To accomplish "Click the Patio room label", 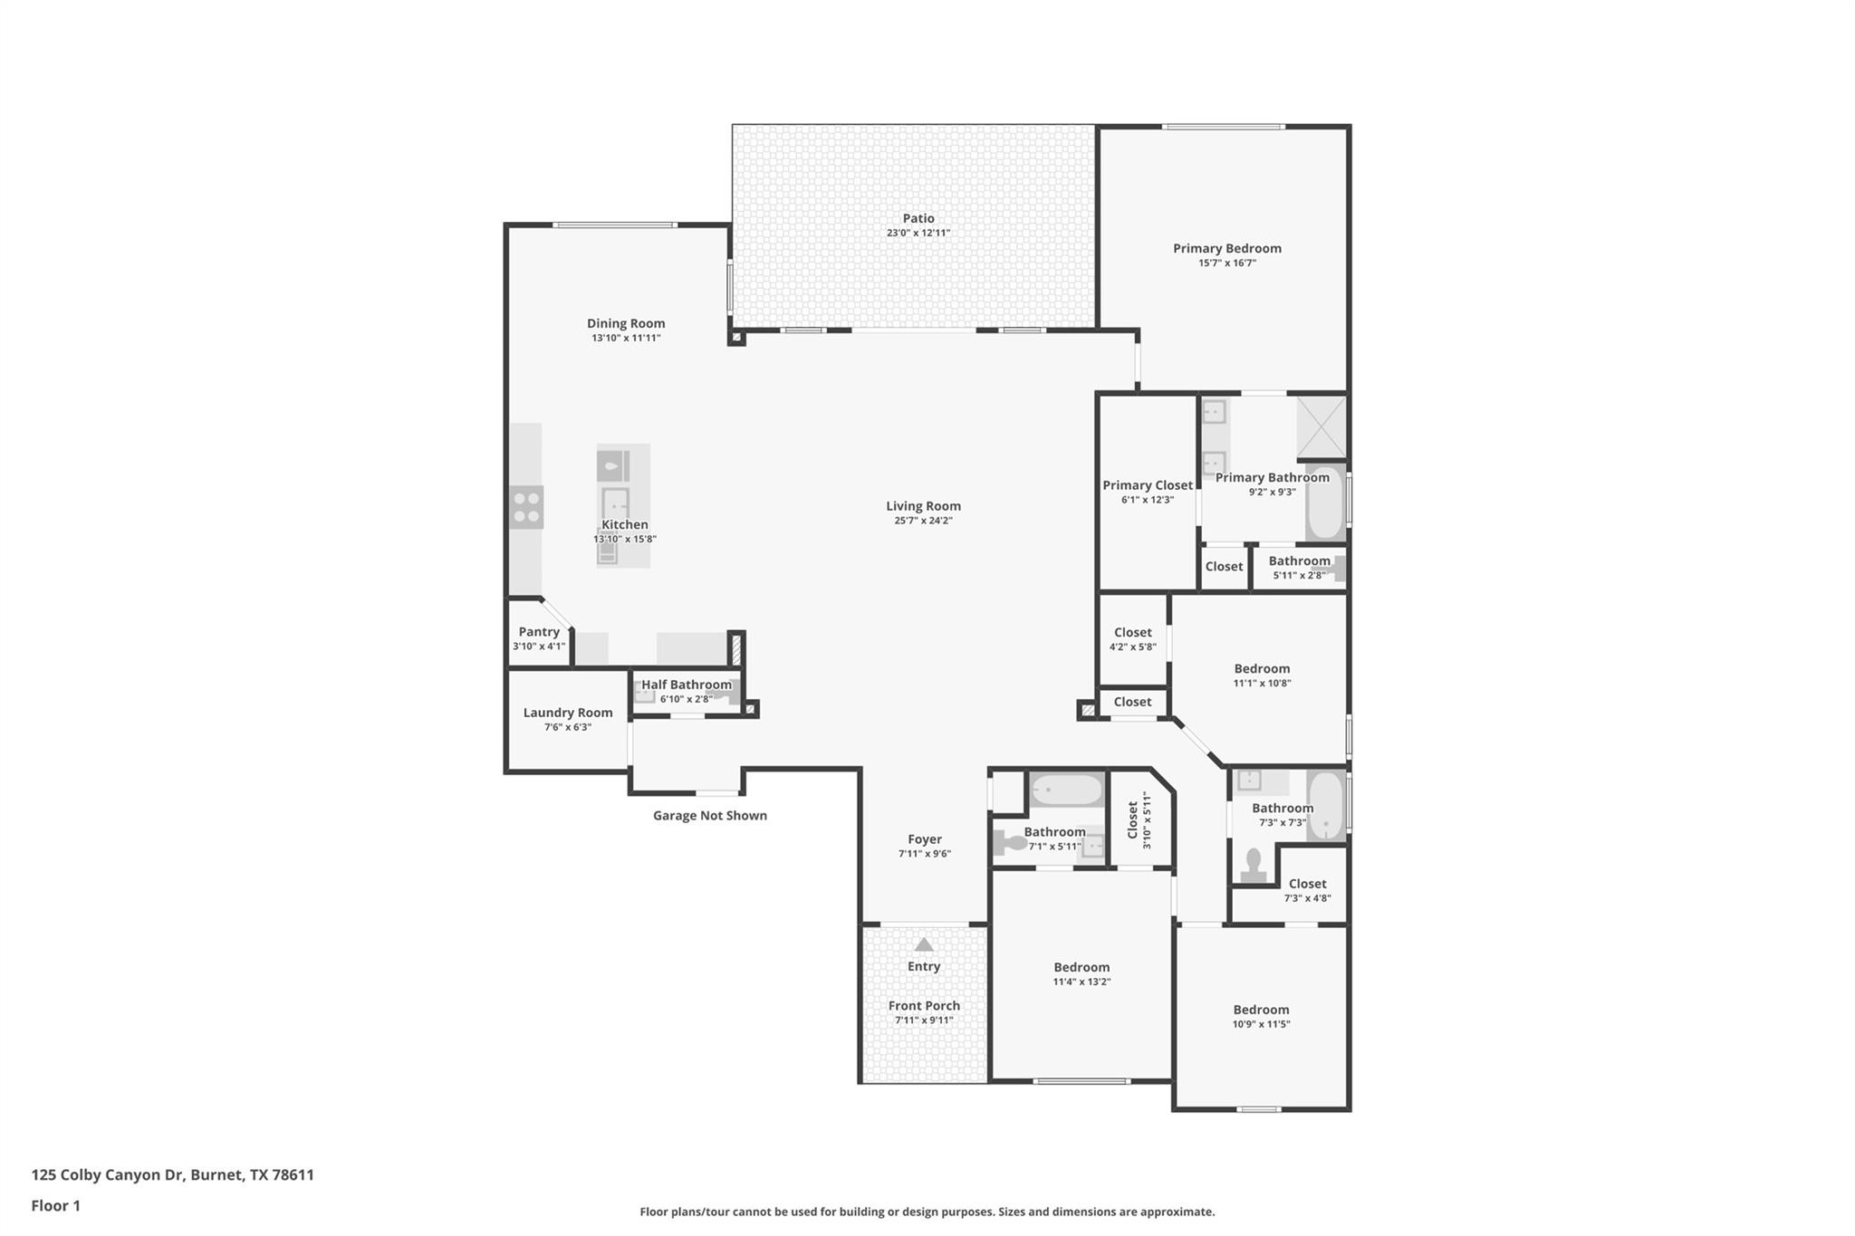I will click(x=918, y=218).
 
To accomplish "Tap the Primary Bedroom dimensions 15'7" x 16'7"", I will click(x=1226, y=263).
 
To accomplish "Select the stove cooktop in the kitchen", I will click(x=525, y=507).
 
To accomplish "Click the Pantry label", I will click(x=539, y=632).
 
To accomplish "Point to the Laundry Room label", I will click(x=568, y=713).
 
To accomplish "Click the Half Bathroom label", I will click(x=687, y=685).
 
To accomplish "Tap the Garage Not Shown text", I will click(x=710, y=816).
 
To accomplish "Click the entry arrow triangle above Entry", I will click(x=924, y=944).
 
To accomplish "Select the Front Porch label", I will click(x=924, y=1006).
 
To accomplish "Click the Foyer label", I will click(x=925, y=839).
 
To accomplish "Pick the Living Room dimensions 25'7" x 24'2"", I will click(x=923, y=521).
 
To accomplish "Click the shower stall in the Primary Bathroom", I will click(x=1322, y=426).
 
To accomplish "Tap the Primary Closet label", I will click(x=1148, y=485).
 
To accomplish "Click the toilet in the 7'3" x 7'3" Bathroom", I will click(x=1254, y=865).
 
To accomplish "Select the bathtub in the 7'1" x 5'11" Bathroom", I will click(x=1066, y=790).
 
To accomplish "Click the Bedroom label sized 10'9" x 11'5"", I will click(x=1261, y=1010).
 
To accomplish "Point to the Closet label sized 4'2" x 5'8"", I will click(x=1132, y=633).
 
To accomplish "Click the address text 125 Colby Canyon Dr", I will click(x=172, y=1175).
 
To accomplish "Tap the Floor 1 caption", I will click(x=56, y=1206).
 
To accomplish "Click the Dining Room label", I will click(x=626, y=323).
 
